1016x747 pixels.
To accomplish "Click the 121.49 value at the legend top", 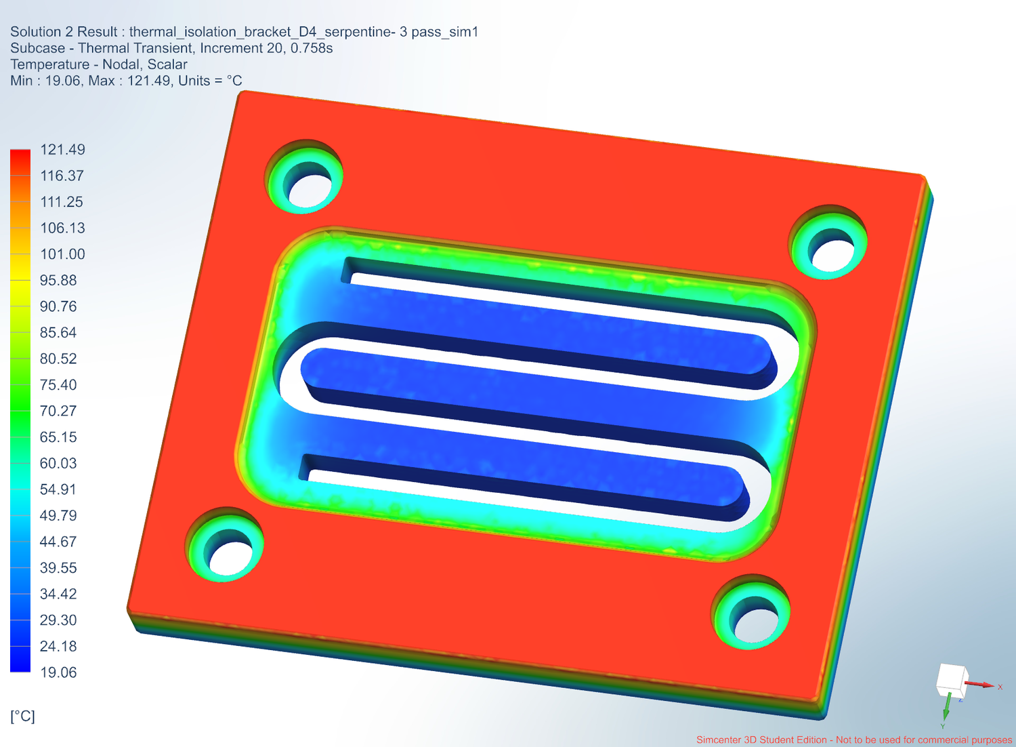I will [x=62, y=150].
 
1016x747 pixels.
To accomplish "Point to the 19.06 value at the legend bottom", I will [x=58, y=672].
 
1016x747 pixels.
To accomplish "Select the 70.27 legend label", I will [x=58, y=411].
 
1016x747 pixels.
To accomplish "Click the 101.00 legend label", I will [x=62, y=254].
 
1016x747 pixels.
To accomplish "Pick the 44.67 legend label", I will [x=58, y=542].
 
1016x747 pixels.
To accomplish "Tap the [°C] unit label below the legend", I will [x=22, y=716].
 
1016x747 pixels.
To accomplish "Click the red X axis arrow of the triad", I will [x=981, y=685].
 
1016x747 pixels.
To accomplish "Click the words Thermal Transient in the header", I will [x=135, y=48].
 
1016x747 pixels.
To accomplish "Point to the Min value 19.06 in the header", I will [x=63, y=81].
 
